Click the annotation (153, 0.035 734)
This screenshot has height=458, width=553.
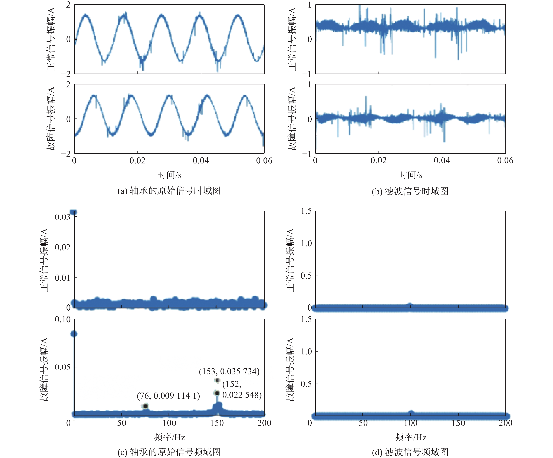(x=229, y=371)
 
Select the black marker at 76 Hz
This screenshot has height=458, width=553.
(x=145, y=406)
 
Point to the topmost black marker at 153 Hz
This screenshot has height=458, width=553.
(x=217, y=380)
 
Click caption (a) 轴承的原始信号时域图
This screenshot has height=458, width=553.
(x=169, y=191)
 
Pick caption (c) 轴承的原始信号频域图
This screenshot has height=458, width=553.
(x=169, y=452)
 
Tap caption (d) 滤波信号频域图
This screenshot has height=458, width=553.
(x=410, y=452)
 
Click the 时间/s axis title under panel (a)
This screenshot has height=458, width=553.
(x=169, y=175)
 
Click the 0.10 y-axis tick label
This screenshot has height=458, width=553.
(x=62, y=319)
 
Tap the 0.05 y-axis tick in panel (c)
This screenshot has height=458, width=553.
(x=62, y=367)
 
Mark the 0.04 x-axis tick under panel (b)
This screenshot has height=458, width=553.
(x=442, y=160)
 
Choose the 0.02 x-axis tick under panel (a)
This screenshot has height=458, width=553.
(x=137, y=160)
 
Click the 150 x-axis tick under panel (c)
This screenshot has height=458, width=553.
(x=217, y=423)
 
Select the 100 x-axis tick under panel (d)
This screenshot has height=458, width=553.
(x=410, y=423)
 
